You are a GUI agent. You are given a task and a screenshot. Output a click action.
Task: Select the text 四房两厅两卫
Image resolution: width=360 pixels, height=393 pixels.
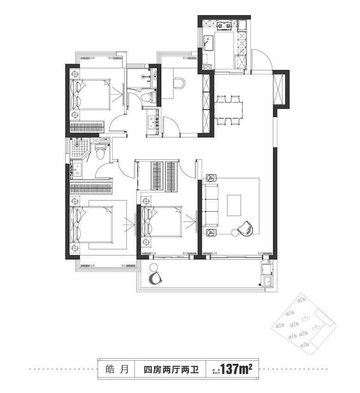(x=170, y=369)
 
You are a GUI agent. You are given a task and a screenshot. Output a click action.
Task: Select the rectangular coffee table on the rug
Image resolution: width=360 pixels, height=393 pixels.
(x=234, y=205)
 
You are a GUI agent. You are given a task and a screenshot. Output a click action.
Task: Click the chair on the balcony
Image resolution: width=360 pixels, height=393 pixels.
(x=155, y=277)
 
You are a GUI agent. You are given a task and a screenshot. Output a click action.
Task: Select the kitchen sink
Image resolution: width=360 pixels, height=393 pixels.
(x=208, y=43)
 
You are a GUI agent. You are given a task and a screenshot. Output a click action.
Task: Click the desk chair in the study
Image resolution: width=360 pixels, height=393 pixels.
(x=180, y=83)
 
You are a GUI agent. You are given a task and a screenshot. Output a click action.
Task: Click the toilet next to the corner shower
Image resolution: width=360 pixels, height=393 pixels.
(x=100, y=150)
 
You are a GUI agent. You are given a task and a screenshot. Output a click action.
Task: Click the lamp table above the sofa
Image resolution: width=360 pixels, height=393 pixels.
(x=212, y=178)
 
